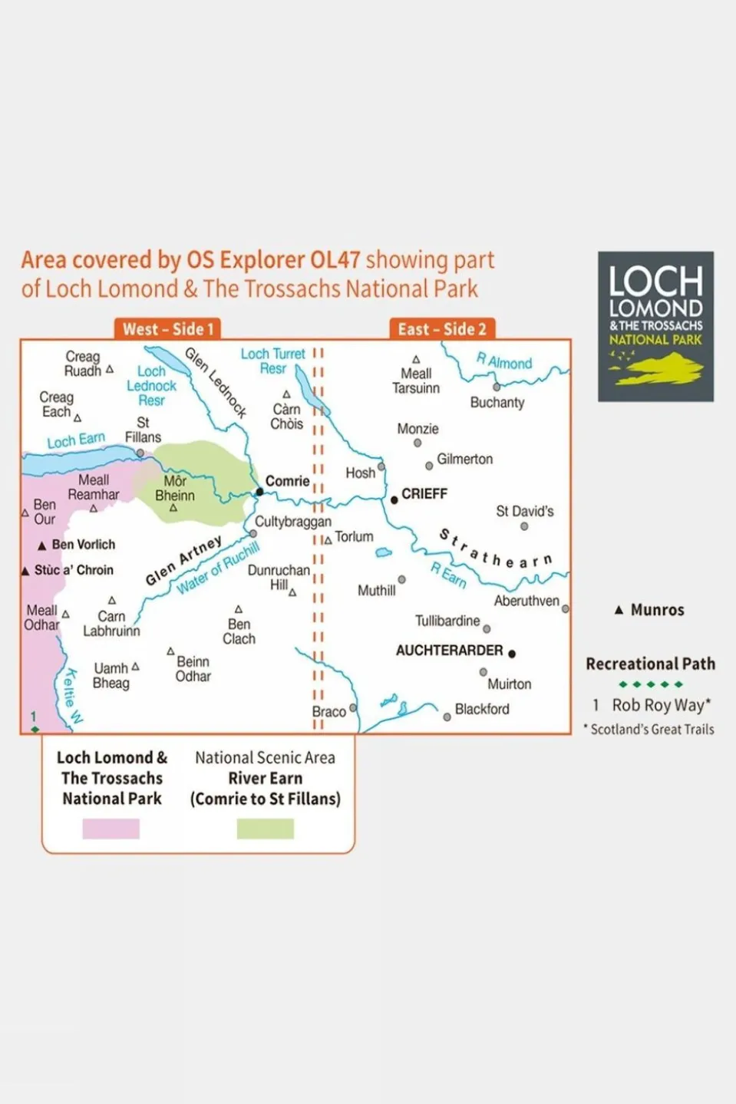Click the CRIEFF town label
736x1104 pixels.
[x=424, y=494]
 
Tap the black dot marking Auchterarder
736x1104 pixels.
[x=512, y=654]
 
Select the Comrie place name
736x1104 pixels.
[x=287, y=481]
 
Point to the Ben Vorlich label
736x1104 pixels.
[x=83, y=545]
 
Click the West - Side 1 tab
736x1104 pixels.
[x=167, y=329]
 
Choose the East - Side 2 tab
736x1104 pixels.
[x=442, y=329]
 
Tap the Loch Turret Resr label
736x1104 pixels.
[x=272, y=361]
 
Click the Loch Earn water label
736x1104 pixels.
[x=75, y=440]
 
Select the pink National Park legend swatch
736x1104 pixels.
[x=111, y=829]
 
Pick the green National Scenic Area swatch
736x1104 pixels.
[x=265, y=829]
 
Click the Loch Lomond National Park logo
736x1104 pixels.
[x=655, y=327]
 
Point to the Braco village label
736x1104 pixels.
[x=328, y=712]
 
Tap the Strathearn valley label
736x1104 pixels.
[x=495, y=550]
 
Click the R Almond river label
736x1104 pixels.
[x=504, y=361]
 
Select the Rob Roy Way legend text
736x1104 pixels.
[x=661, y=705]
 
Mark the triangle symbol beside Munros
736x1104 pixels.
[x=619, y=610]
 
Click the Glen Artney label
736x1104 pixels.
[x=183, y=559]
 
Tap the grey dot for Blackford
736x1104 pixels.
[x=447, y=717]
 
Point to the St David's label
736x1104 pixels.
[x=524, y=511]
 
